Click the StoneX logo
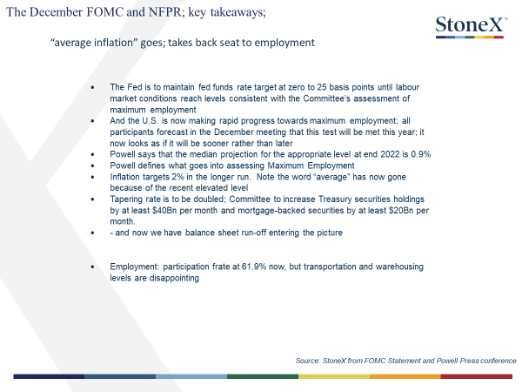pyautogui.click(x=471, y=27)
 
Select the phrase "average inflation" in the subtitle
pyautogui.click(x=94, y=43)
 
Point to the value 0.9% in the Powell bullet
pyautogui.click(x=421, y=154)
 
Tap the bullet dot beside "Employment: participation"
pyautogui.click(x=92, y=267)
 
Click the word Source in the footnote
pyautogui.click(x=307, y=361)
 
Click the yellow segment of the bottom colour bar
pyautogui.click(x=334, y=376)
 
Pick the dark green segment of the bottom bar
pyautogui.click(x=263, y=376)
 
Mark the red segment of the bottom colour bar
pyautogui.click(x=477, y=376)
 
